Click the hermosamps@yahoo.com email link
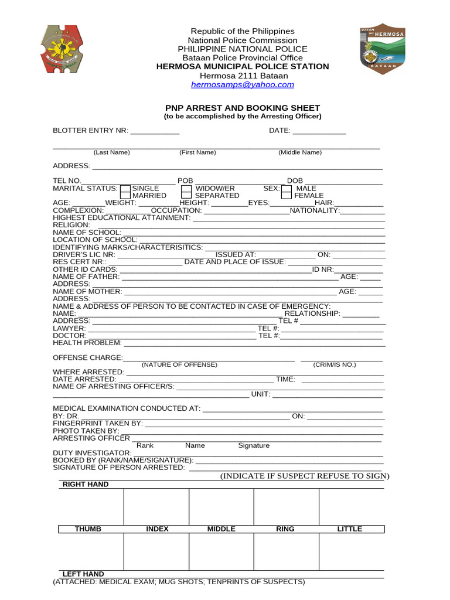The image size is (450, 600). click(x=243, y=85)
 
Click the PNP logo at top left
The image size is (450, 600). click(x=63, y=49)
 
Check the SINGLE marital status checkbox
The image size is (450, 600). click(x=125, y=189)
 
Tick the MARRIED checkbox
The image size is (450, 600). click(x=125, y=196)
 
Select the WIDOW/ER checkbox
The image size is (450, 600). click(x=186, y=189)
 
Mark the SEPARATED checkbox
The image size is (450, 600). click(x=186, y=196)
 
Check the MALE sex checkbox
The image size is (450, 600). click(x=286, y=189)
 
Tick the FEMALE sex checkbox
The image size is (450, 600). click(x=286, y=196)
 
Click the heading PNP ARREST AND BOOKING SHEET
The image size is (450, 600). click(x=243, y=108)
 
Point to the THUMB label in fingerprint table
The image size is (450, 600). click(x=88, y=529)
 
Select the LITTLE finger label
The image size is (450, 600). click(x=350, y=529)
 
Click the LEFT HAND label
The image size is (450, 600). click(x=83, y=574)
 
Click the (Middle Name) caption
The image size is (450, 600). click(x=300, y=152)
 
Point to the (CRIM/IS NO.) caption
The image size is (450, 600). click(x=335, y=364)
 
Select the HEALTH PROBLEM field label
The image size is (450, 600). click(x=87, y=343)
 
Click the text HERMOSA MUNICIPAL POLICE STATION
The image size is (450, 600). click(x=243, y=67)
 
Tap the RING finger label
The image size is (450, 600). click(x=285, y=529)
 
